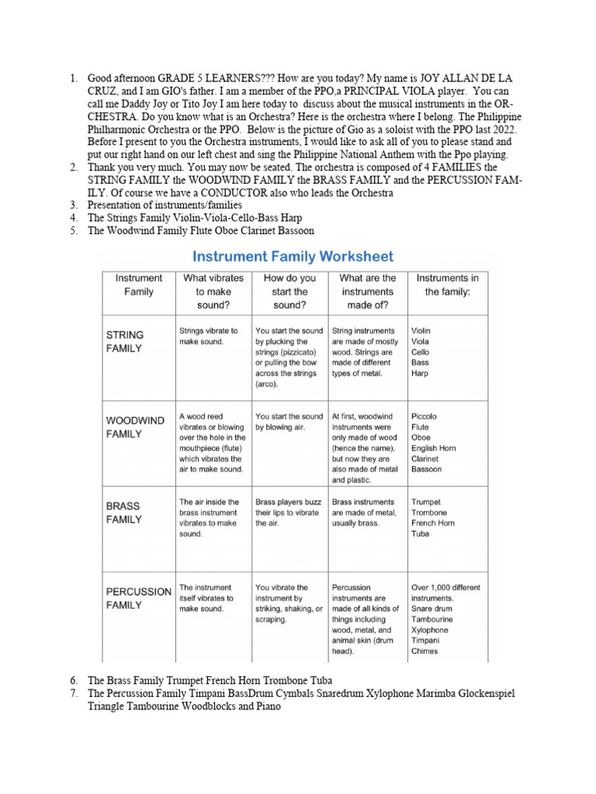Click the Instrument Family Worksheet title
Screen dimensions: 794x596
pyautogui.click(x=293, y=256)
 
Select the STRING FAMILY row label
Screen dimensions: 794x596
pyautogui.click(x=125, y=341)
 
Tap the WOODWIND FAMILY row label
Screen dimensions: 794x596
pyautogui.click(x=135, y=427)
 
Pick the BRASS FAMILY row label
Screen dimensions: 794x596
pyautogui.click(x=125, y=513)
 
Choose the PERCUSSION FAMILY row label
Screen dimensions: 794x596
pyautogui.click(x=138, y=598)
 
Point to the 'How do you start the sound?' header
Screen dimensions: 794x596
pyautogui.click(x=290, y=292)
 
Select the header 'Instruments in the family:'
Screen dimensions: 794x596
pyautogui.click(x=448, y=285)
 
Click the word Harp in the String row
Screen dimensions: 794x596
pyautogui.click(x=421, y=373)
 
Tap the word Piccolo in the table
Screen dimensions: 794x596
pyautogui.click(x=425, y=416)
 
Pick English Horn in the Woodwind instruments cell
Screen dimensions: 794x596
pyautogui.click(x=434, y=448)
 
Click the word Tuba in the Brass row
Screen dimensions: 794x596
pyautogui.click(x=421, y=533)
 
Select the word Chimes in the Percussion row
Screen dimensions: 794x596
pyautogui.click(x=424, y=651)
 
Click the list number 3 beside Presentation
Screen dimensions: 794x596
pyautogui.click(x=74, y=205)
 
